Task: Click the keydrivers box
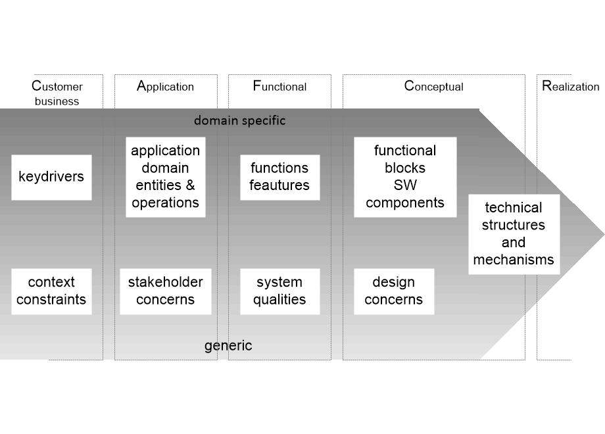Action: (51, 177)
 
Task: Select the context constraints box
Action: (51, 291)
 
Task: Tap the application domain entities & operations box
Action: (166, 177)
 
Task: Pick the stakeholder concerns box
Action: (166, 291)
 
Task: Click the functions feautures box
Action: (279, 177)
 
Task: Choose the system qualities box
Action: (279, 291)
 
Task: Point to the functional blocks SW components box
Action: (405, 177)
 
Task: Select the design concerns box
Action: (393, 291)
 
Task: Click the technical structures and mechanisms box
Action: (514, 234)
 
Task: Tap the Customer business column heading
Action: (57, 93)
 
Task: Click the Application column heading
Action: (165, 86)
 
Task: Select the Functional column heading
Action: (279, 86)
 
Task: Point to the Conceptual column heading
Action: (433, 86)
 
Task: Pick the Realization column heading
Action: (570, 86)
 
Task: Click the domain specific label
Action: (239, 121)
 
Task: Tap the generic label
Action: (228, 346)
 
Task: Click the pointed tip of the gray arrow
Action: (602, 234)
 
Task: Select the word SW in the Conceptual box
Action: (405, 185)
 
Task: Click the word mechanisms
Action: (514, 260)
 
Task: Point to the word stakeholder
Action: (166, 283)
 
